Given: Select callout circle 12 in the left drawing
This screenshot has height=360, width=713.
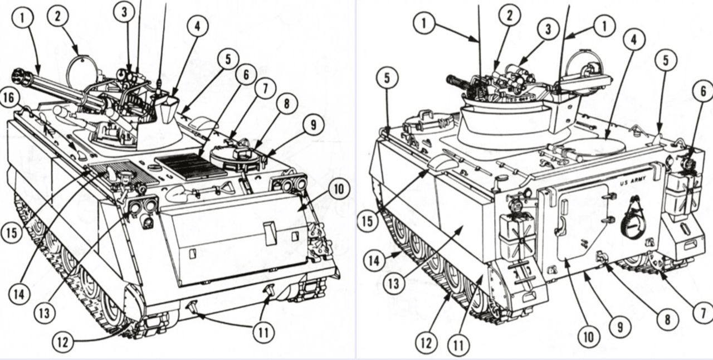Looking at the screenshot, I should coord(64,341).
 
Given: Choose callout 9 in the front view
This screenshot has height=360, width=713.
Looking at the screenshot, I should coord(313,125).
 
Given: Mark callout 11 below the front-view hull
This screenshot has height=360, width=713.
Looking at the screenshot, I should coord(263,333).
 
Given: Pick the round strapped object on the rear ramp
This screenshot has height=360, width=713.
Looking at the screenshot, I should coord(633,225).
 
